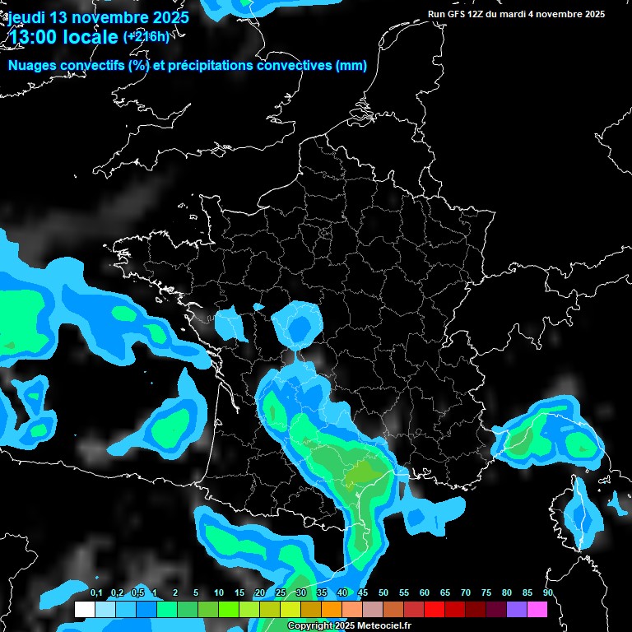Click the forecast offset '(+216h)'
point(146,37)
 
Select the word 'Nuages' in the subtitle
point(32,66)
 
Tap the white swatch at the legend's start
point(84,610)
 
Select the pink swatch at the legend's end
point(537,610)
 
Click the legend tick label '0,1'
point(96,593)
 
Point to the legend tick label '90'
point(548,593)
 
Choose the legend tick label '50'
point(383,593)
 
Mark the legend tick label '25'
point(281,593)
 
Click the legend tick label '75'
point(486,593)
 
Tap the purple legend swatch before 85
point(517,610)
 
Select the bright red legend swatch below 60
point(434,610)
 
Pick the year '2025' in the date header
point(167,16)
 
